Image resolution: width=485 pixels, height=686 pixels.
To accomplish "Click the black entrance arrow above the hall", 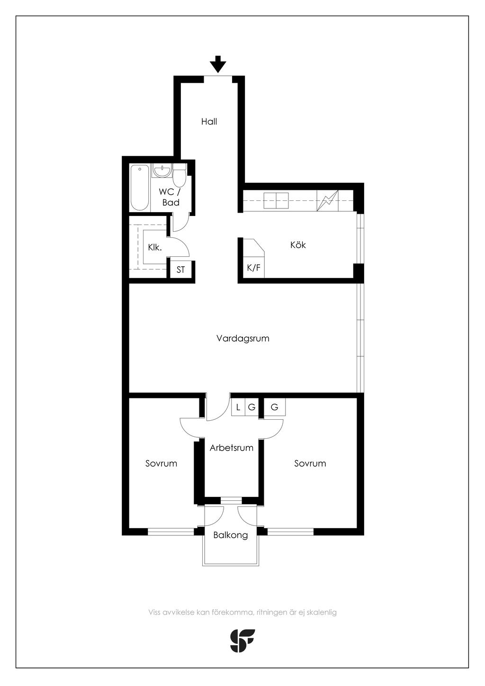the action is click(218, 64).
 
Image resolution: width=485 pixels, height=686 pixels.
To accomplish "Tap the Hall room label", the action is click(209, 122).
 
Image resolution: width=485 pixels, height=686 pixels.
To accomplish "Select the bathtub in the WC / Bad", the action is click(139, 188).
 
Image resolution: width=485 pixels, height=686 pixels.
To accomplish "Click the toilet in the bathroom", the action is click(179, 175).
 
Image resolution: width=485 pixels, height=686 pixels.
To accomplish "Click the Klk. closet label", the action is click(155, 247).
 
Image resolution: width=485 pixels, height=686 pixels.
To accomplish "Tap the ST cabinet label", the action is click(180, 270).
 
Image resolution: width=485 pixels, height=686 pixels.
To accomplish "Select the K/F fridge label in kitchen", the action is click(253, 268).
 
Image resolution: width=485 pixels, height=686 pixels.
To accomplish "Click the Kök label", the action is click(298, 244).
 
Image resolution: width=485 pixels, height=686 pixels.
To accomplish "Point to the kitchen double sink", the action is click(276, 200).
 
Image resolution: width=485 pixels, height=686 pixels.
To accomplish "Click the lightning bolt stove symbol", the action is click(328, 200).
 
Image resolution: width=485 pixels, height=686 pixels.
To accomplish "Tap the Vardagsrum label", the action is click(243, 338).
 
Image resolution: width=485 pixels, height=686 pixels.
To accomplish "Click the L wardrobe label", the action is click(238, 407).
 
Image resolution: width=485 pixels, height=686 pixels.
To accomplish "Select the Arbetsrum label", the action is click(232, 448).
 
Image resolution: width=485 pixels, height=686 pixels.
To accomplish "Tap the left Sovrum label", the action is click(161, 463).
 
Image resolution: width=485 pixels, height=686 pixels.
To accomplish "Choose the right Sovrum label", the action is click(310, 463).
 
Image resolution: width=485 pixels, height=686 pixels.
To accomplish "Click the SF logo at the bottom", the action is click(242, 641).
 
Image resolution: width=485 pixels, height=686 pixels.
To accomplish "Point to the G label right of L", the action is click(251, 407).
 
